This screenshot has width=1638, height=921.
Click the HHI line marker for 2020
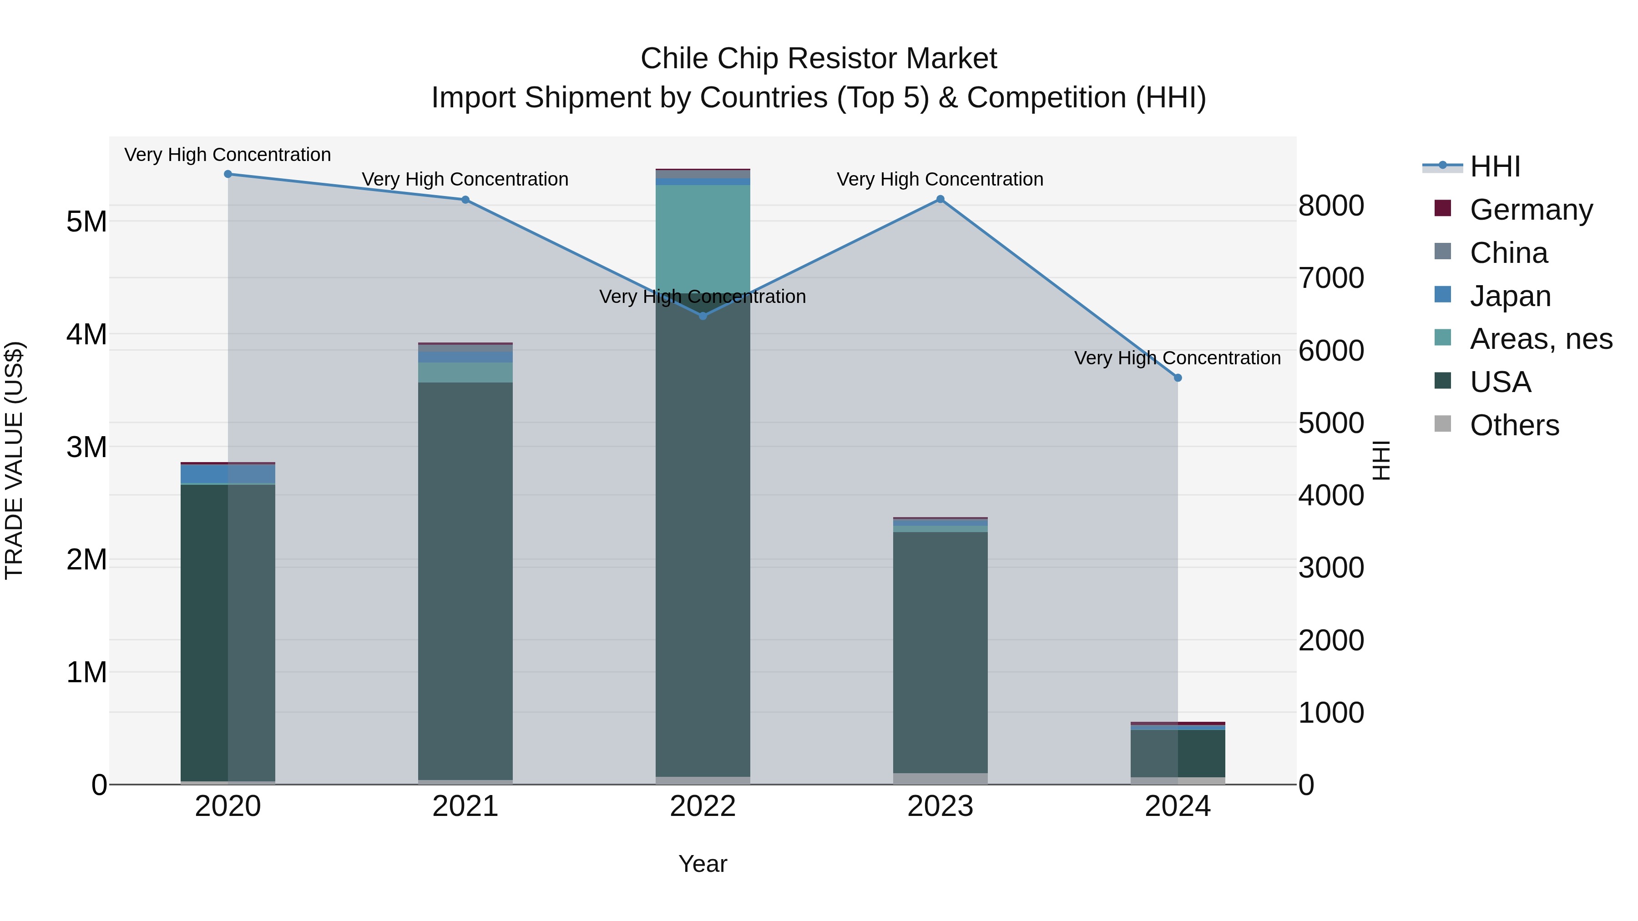(227, 174)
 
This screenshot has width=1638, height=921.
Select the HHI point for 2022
(703, 316)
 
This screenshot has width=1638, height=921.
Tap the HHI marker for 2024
(1178, 377)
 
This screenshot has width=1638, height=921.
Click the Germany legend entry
(1531, 210)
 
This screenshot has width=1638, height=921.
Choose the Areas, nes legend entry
(1541, 339)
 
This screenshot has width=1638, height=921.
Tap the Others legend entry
(1514, 425)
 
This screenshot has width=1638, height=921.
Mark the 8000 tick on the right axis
(1331, 206)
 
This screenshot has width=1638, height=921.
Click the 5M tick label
(86, 222)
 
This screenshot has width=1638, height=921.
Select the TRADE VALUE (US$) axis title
(14, 460)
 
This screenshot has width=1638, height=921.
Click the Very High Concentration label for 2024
(1178, 358)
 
